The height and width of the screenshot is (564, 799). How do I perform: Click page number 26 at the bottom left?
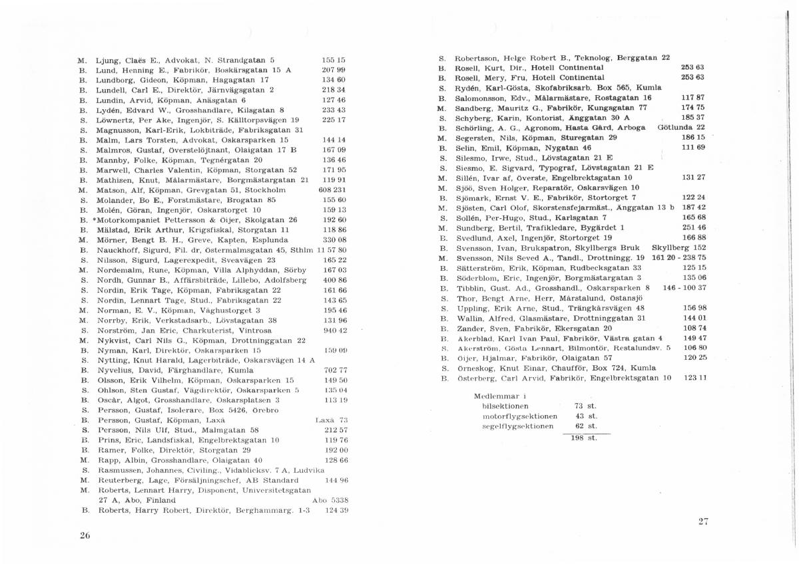[85, 535]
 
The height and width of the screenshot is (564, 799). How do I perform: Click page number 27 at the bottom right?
[703, 521]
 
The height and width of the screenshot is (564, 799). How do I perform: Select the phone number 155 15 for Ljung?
[333, 60]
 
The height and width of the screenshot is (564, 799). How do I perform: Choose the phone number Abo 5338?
[330, 501]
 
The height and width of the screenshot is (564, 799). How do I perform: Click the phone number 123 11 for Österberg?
[694, 378]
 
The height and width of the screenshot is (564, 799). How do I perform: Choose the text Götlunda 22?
[682, 128]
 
